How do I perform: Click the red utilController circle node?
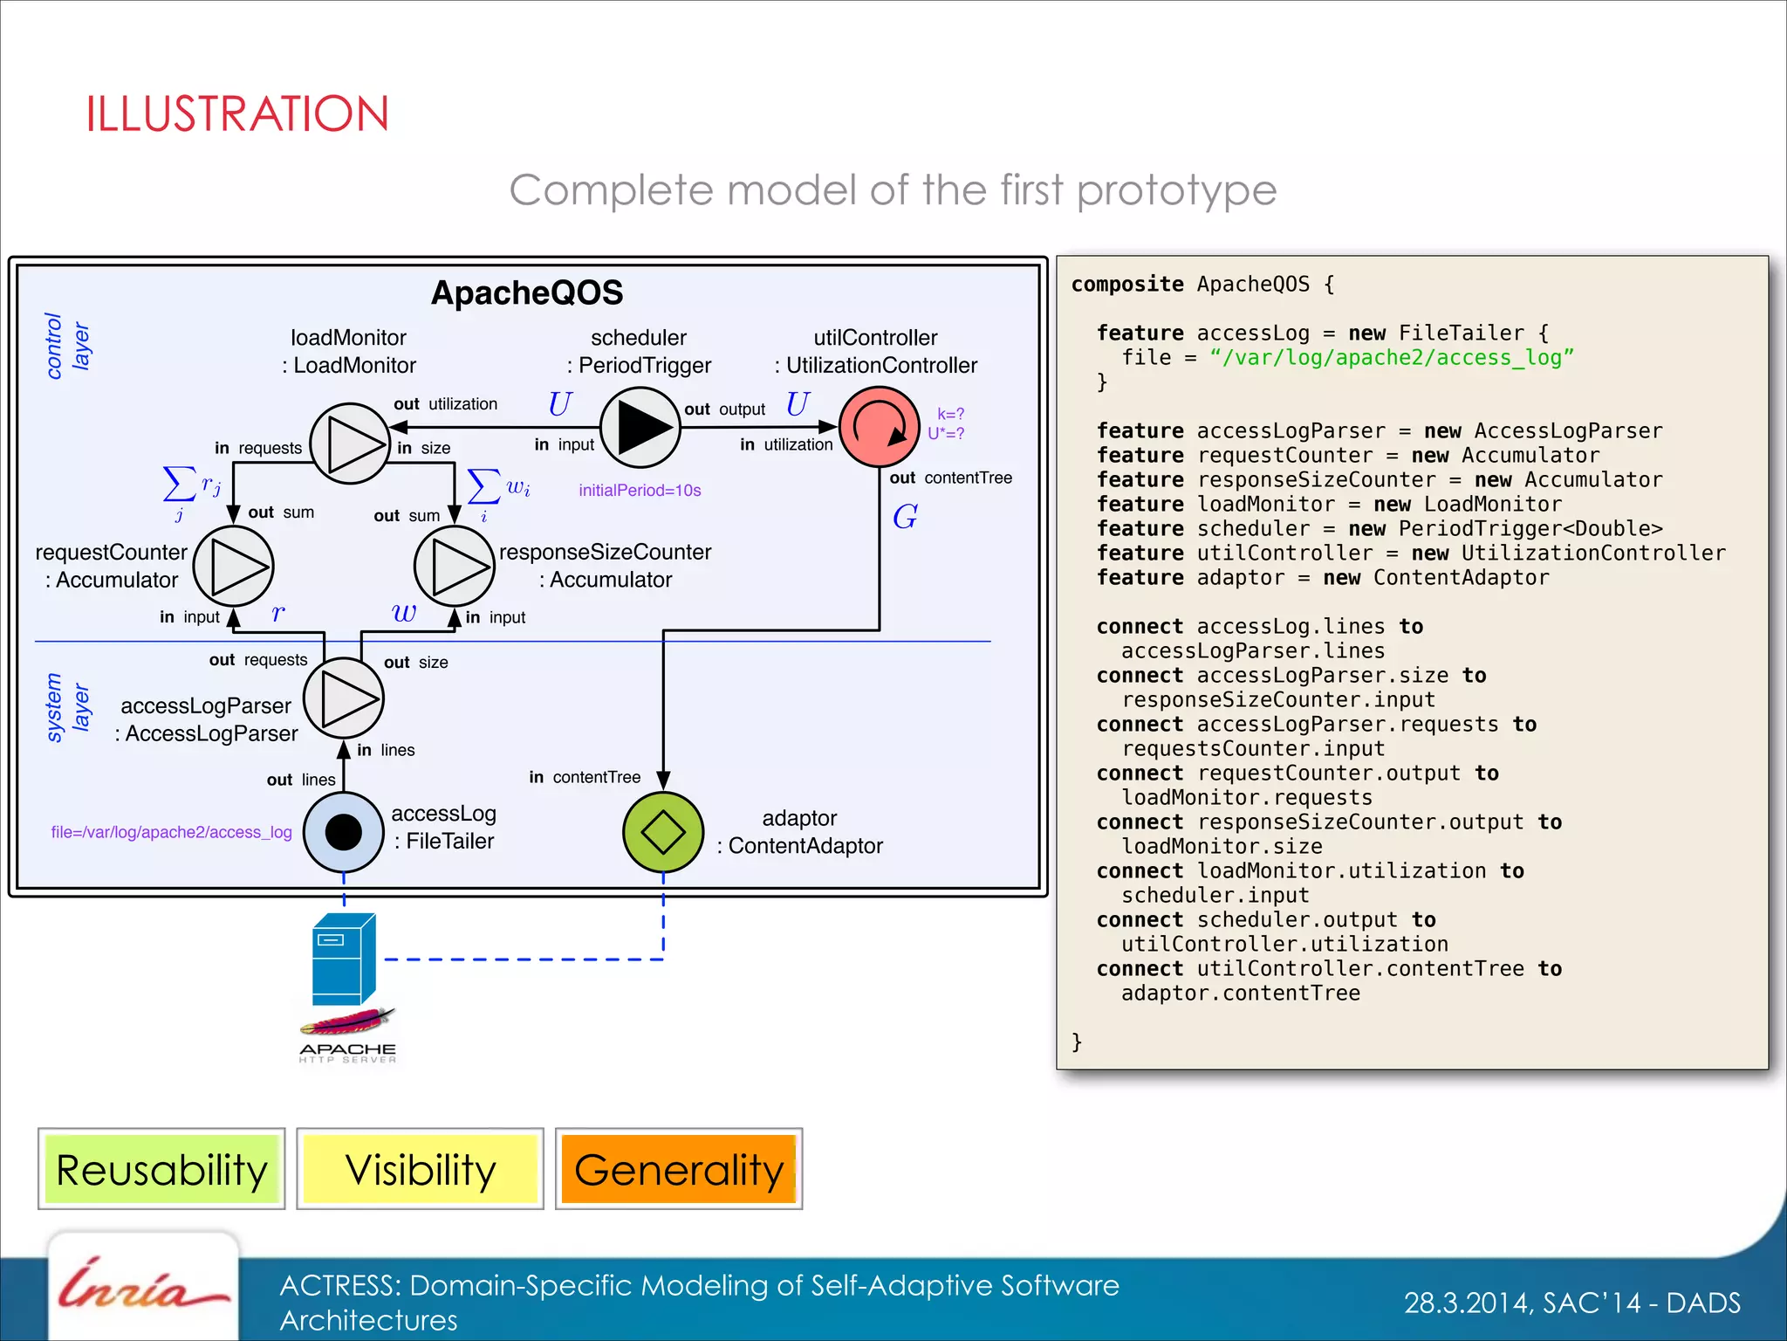879,427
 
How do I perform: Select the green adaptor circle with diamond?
663,832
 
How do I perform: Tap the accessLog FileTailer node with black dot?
343,832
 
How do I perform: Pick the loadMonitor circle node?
350,444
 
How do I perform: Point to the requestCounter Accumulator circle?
233,566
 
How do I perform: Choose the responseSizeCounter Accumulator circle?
454,566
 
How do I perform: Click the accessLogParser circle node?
343,698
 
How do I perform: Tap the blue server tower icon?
344,959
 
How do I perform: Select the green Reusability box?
161,1169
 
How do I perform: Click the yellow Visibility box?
420,1169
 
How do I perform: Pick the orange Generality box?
678,1169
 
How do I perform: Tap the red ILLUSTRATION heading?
236,114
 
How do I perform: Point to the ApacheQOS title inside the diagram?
527,292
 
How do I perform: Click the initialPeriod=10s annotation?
640,491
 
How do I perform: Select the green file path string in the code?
1391,358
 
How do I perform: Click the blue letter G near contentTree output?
905,517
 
